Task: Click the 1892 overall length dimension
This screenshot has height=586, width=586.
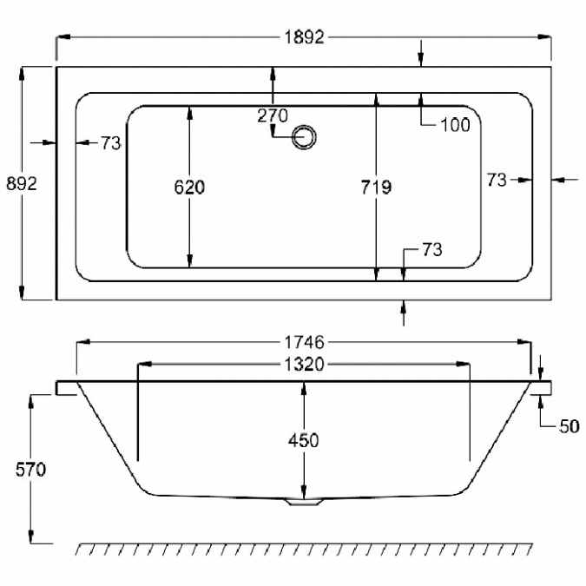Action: pos(304,37)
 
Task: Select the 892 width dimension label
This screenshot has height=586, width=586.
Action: pos(22,183)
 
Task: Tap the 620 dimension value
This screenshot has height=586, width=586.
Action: pos(189,188)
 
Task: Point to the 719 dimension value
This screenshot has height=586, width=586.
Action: pos(376,188)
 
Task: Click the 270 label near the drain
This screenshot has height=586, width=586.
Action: pos(273,115)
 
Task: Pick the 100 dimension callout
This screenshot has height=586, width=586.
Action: pos(455,125)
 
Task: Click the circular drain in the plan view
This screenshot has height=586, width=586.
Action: pos(304,137)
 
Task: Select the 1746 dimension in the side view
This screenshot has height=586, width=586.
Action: pos(304,342)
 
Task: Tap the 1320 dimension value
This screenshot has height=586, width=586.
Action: pos(304,365)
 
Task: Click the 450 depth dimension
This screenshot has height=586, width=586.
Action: pos(304,441)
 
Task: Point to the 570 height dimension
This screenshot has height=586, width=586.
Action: pos(30,470)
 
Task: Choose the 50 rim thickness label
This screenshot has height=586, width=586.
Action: pos(570,426)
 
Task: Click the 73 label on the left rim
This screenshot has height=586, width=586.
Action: pos(111,143)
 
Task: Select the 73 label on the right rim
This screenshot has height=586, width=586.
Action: pos(497,180)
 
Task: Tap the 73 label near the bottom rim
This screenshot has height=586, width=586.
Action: pos(432,250)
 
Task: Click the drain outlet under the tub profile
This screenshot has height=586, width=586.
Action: pos(304,502)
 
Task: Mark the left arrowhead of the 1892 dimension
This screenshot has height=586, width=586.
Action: pos(63,37)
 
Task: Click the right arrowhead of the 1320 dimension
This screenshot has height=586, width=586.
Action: pos(463,364)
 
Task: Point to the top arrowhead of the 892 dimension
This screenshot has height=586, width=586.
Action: pos(22,74)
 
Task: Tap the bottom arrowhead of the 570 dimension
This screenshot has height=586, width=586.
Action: pos(31,537)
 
